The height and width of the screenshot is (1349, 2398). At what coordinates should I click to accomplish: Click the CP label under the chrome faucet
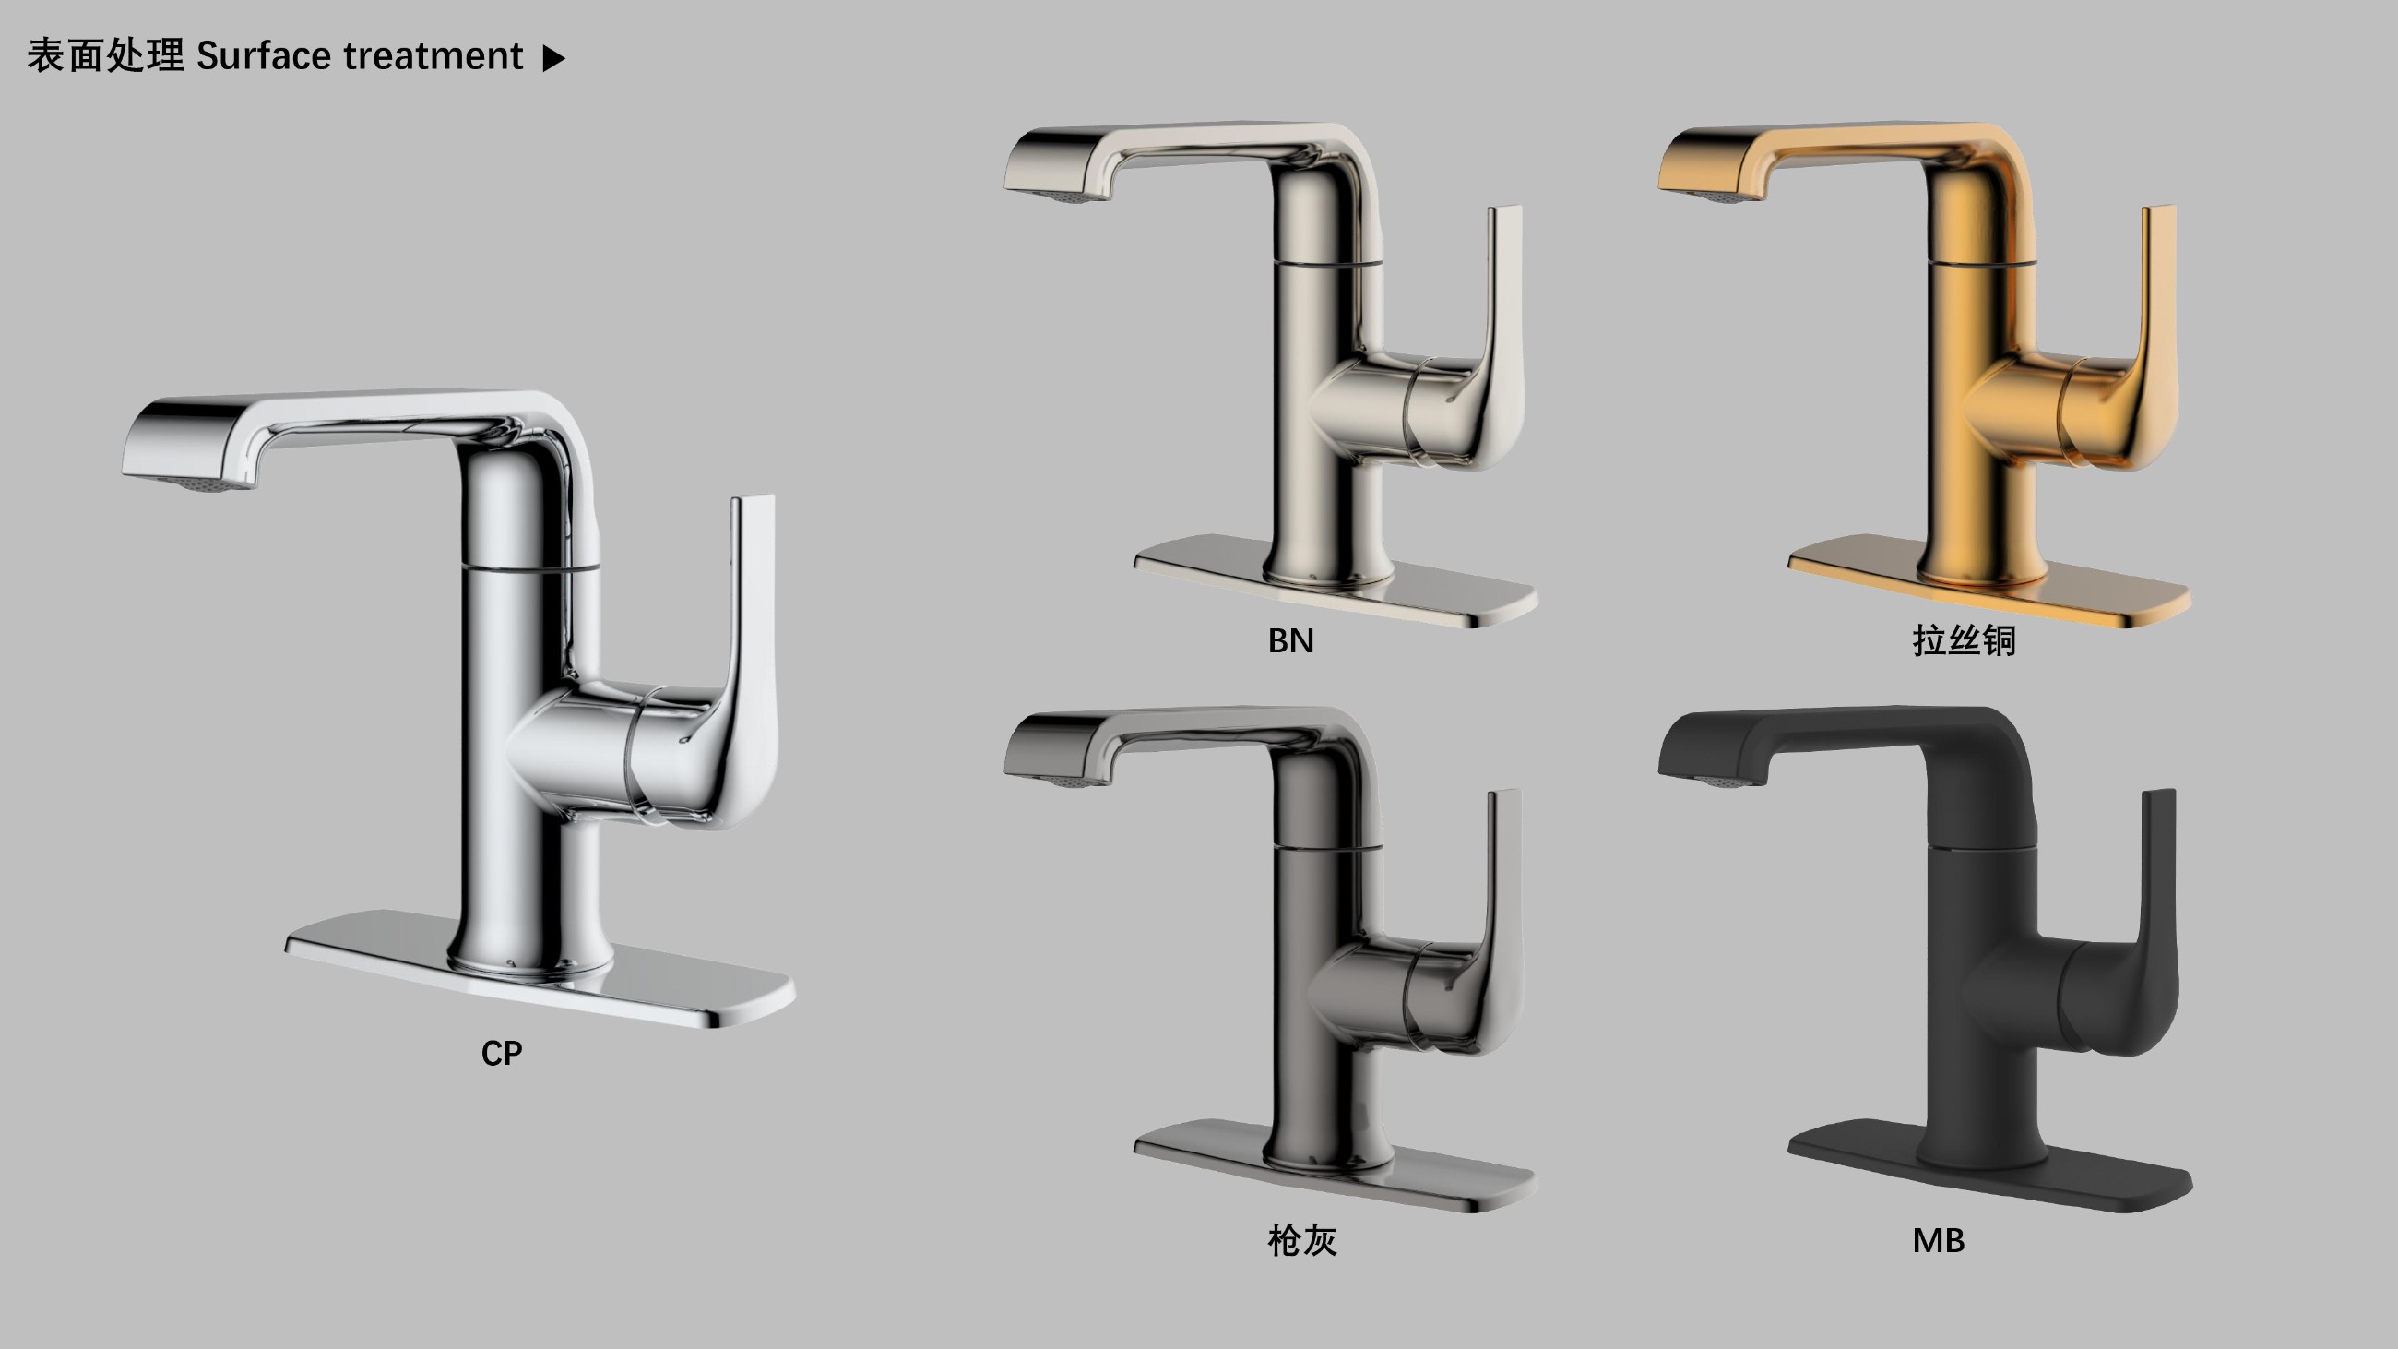[502, 1053]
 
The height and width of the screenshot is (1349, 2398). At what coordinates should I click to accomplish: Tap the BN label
[1290, 640]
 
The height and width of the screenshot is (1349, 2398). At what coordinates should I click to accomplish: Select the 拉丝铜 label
[1965, 640]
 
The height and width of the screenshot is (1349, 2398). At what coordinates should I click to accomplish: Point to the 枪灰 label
[1302, 1240]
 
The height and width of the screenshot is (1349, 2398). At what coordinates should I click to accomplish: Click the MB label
[1938, 1240]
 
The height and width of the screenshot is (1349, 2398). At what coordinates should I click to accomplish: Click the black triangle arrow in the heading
[554, 59]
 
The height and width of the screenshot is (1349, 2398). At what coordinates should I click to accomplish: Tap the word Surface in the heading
[264, 56]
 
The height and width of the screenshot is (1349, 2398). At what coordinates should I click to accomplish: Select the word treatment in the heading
[433, 56]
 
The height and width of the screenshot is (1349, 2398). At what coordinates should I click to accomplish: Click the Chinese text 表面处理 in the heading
[105, 56]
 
